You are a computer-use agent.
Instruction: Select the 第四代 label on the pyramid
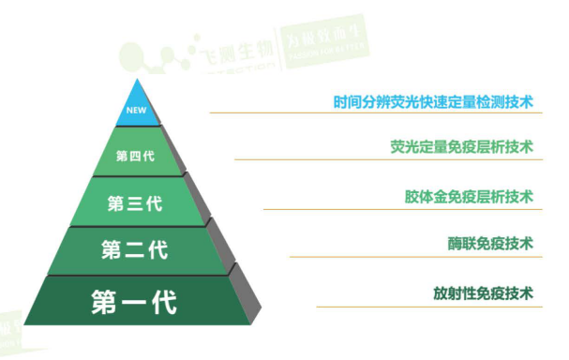pyautogui.click(x=135, y=156)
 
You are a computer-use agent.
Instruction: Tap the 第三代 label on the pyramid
pyautogui.click(x=135, y=203)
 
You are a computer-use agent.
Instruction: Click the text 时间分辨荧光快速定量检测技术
pyautogui.click(x=432, y=101)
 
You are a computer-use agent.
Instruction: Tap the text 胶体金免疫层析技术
pyautogui.click(x=469, y=197)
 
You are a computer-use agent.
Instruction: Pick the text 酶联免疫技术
pyautogui.click(x=489, y=244)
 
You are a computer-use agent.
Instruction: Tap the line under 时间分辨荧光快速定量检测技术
pyautogui.click(x=375, y=113)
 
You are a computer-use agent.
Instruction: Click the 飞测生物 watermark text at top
pyautogui.click(x=229, y=48)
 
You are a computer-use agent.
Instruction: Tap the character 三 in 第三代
pyautogui.click(x=135, y=203)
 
